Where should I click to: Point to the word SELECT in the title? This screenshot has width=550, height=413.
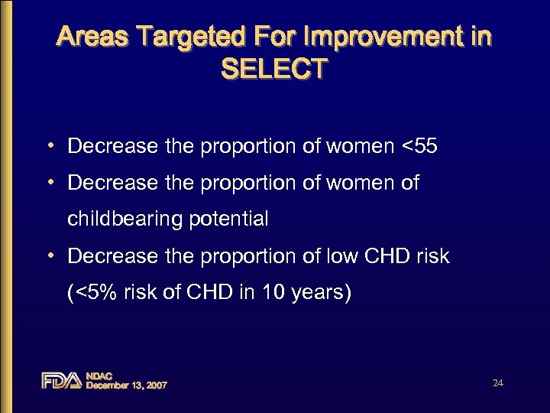coord(273,70)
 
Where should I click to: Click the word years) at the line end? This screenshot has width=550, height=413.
coord(323,293)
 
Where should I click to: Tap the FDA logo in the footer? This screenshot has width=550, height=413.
coord(61,380)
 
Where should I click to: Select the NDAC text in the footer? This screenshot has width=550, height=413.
coord(99,376)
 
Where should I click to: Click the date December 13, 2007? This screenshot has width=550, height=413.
coord(127,385)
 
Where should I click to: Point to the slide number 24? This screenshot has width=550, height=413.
coord(497,382)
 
